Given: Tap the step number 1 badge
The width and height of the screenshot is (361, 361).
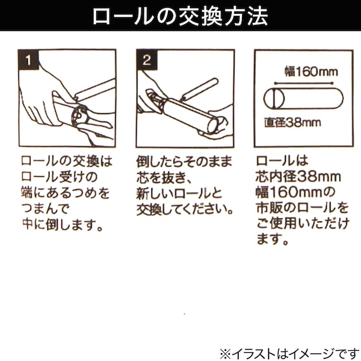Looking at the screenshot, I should click(x=29, y=61).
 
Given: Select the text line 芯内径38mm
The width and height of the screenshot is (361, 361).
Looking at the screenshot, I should click(x=298, y=177).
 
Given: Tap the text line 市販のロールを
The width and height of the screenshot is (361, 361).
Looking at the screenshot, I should click(x=303, y=208).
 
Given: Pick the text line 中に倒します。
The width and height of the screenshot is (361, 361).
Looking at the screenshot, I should click(x=63, y=223).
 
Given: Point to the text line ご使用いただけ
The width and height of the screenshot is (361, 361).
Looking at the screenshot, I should click(x=303, y=224).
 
